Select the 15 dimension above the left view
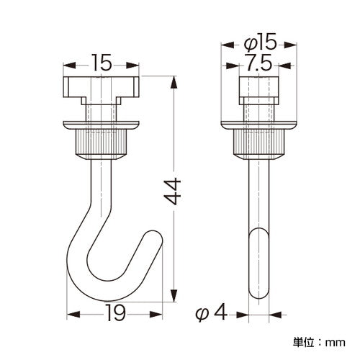tap(102, 63)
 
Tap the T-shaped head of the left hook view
tap(102, 90)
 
